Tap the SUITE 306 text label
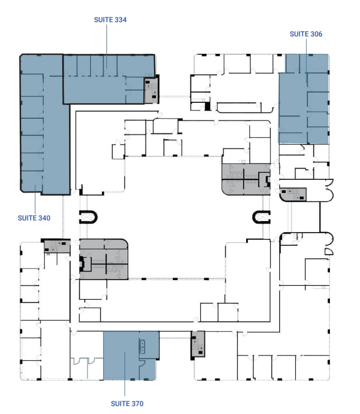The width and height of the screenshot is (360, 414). coord(306,34)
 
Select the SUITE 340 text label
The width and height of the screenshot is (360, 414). coord(34,218)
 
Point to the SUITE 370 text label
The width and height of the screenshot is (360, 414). coord(127,403)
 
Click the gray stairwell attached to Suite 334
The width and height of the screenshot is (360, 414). coord(151,89)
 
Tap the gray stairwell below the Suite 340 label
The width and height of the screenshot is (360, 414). coord(56,245)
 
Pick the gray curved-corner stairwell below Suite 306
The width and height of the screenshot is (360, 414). coord(295,195)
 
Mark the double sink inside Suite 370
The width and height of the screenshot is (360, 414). coord(142,346)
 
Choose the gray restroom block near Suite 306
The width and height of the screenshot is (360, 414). coord(245,179)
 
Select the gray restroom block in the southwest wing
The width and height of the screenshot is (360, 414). coord(104,258)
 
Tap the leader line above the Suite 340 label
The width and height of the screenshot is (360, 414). coord(34,203)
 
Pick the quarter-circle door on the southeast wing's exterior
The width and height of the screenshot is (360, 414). coord(328,251)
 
